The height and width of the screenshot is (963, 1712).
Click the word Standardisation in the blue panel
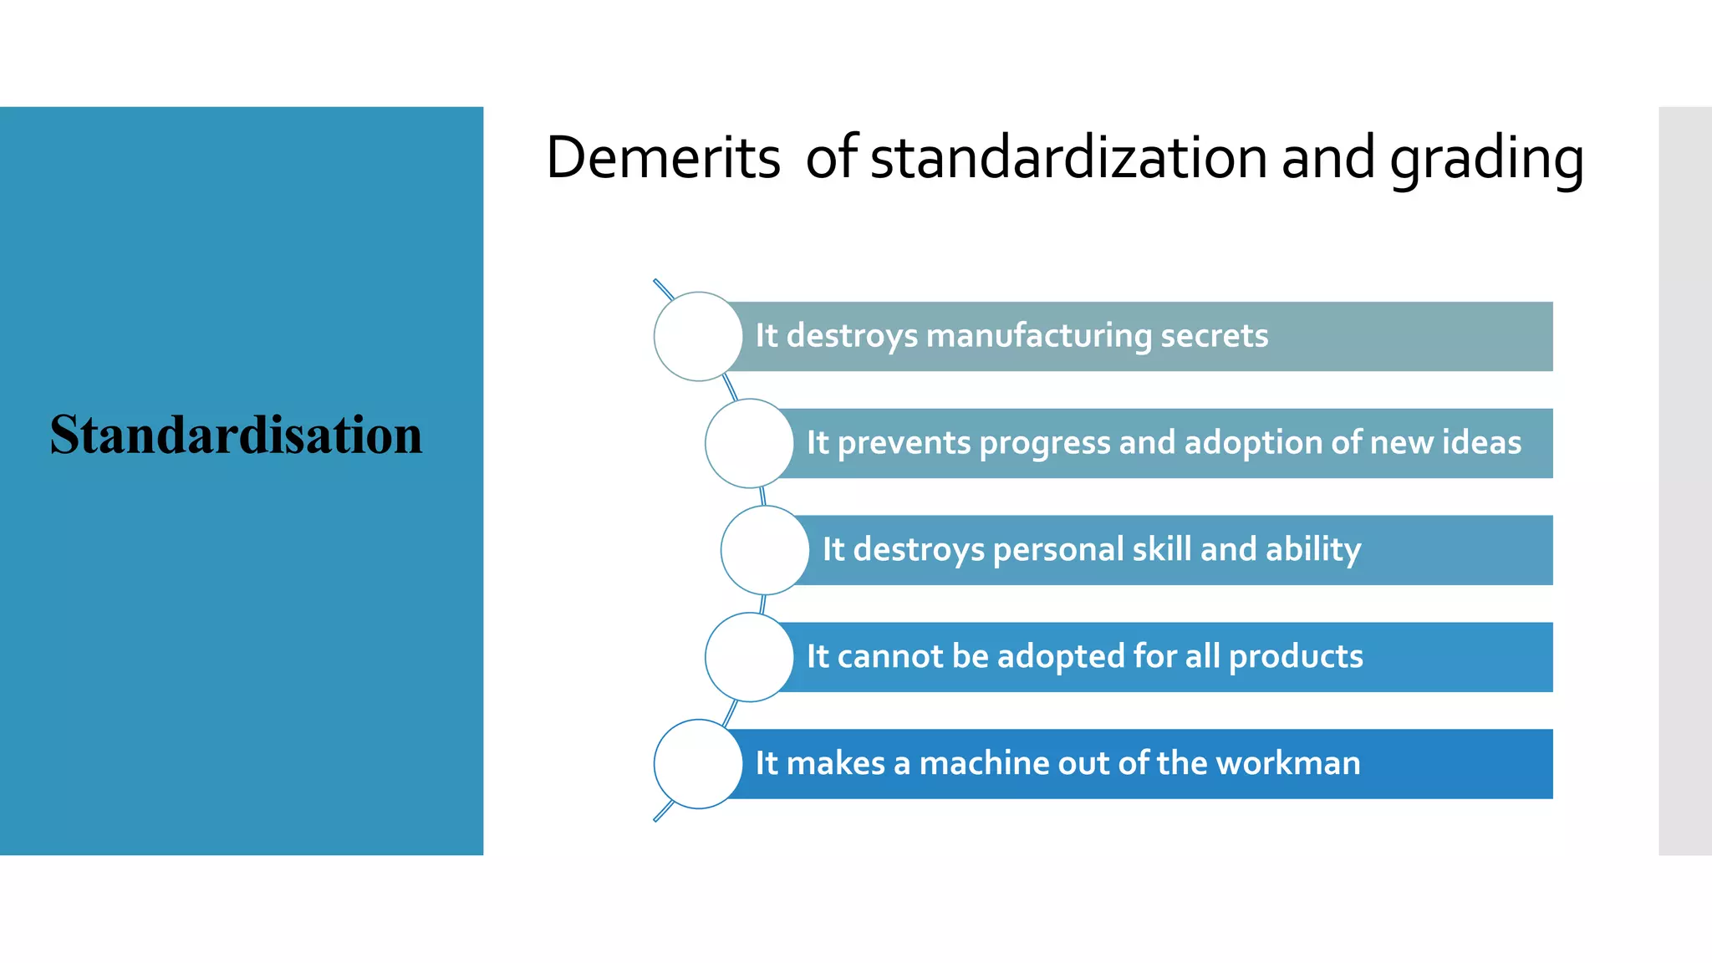236,435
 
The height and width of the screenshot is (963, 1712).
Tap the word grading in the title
1486,159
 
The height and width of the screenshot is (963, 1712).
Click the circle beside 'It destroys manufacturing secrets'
698,336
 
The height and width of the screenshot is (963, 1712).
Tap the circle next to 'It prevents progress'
749,443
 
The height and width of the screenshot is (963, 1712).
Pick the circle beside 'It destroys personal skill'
765,550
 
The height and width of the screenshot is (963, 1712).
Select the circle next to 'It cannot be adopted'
749,657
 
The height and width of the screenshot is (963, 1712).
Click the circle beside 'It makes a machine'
698,764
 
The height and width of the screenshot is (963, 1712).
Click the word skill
1162,549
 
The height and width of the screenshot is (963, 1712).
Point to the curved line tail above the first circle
663,288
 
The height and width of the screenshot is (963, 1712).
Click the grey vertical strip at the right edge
1685,481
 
